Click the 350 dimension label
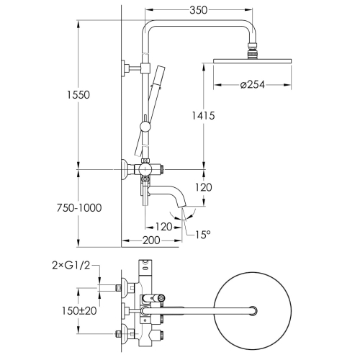point(198,10)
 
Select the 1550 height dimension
point(78,95)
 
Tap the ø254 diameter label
point(253,84)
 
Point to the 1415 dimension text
point(203,116)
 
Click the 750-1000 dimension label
point(79,208)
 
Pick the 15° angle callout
point(202,235)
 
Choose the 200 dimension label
point(151,240)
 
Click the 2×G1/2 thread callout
point(71,266)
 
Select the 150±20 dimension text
point(79,311)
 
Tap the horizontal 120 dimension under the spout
point(164,227)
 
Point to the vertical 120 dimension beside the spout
point(203,187)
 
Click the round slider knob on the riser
point(145,126)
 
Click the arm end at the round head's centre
point(253,311)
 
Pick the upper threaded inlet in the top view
point(118,287)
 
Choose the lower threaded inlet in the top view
point(118,334)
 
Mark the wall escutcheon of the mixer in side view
point(125,170)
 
